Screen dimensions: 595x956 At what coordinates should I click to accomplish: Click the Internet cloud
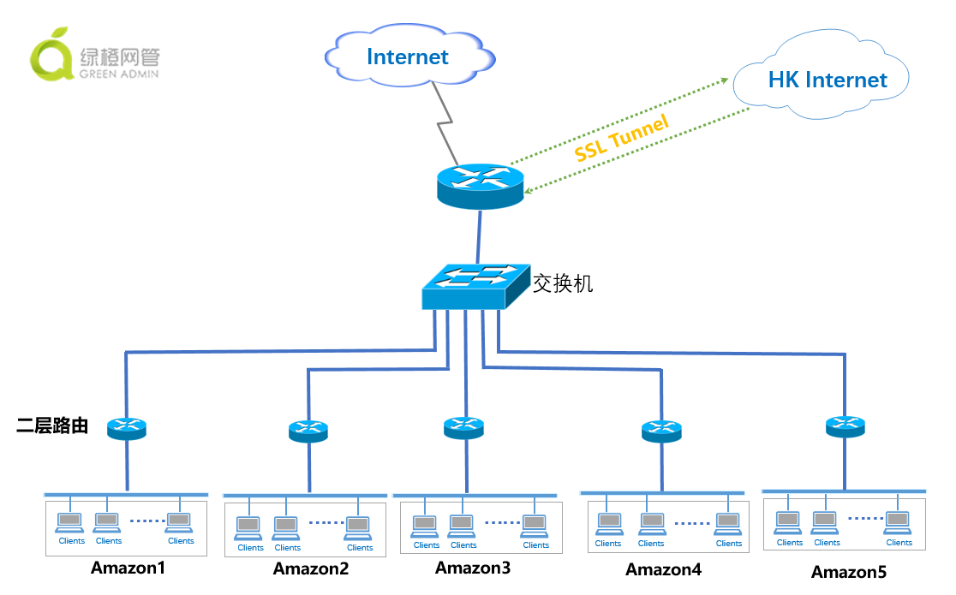point(408,57)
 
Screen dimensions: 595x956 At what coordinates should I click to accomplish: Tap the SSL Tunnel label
point(621,140)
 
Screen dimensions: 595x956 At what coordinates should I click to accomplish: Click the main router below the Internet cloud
point(479,186)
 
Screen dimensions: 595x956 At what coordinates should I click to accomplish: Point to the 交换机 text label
point(563,284)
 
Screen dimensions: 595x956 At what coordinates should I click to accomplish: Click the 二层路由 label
point(53,425)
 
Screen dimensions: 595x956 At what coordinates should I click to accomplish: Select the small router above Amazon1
point(127,427)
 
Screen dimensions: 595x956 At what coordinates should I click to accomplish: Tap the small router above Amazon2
point(308,431)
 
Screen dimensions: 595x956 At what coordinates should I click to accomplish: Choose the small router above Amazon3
point(463,427)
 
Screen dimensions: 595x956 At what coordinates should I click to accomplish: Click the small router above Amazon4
point(661,431)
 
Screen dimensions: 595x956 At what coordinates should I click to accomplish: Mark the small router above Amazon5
point(845,425)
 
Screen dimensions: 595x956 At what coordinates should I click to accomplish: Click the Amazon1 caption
point(128,568)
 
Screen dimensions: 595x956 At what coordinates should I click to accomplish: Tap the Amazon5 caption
point(849,572)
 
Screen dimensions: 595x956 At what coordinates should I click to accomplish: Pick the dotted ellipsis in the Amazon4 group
point(691,522)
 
